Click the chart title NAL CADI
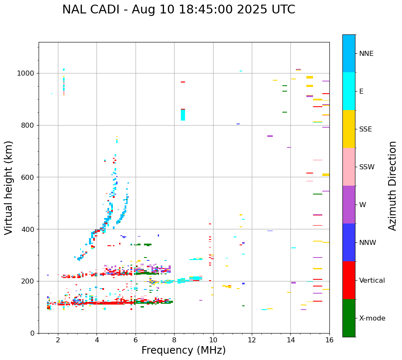click(178, 10)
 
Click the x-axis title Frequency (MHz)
click(183, 350)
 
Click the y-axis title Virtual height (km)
click(9, 187)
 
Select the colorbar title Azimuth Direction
click(392, 186)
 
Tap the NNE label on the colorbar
click(366, 54)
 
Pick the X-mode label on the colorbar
click(372, 318)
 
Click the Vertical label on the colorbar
click(372, 281)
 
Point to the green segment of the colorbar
click(349, 318)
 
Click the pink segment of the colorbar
click(349, 167)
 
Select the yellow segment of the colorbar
click(349, 129)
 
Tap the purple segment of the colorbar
click(349, 205)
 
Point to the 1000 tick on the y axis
click(26, 74)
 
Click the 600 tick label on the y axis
click(29, 177)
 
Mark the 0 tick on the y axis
click(33, 333)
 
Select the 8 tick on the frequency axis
click(174, 340)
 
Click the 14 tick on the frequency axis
click(290, 340)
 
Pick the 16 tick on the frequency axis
click(329, 340)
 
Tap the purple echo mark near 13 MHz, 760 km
click(270, 136)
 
